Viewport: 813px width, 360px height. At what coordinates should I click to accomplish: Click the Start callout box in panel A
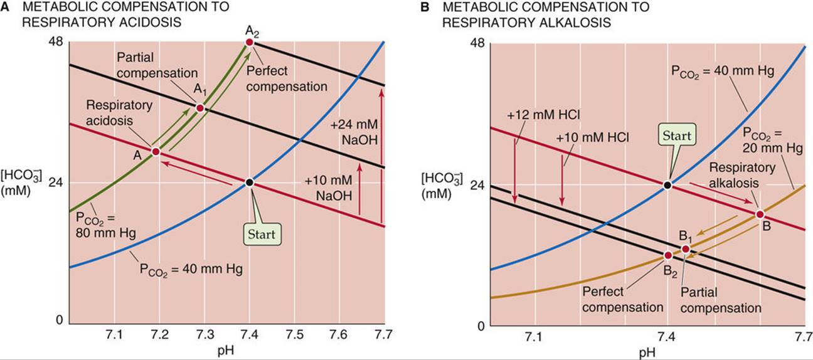pos(262,234)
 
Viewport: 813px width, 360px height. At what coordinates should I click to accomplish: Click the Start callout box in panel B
pos(677,135)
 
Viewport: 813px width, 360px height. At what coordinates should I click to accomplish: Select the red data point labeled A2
pos(249,42)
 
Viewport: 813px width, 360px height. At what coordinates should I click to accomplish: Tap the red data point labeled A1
pos(200,108)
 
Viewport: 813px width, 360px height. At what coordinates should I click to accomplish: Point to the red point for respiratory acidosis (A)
pos(156,151)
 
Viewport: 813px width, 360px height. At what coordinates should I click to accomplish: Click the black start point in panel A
pos(249,182)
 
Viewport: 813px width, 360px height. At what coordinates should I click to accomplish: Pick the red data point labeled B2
pos(668,255)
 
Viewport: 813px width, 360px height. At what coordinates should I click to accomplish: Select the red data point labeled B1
pos(686,249)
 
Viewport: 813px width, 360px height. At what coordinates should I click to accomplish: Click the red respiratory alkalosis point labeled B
pos(760,214)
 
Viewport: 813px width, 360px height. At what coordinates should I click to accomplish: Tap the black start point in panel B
pos(667,185)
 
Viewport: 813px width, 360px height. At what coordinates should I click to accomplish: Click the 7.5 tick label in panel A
pos(294,334)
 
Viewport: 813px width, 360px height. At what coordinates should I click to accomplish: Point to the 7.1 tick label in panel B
pos(533,337)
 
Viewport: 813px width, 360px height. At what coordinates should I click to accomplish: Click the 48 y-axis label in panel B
pos(477,43)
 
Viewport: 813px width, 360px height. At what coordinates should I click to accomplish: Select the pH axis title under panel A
pos(226,351)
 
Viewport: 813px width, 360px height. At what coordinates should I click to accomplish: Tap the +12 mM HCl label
pos(543,115)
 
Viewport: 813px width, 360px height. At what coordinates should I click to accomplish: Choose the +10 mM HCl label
pos(593,137)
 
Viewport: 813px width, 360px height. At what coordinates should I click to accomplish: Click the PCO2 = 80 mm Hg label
pos(105,225)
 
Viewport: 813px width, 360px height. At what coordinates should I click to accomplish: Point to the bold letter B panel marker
pos(425,7)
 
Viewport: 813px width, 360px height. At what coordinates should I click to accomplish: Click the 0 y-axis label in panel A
pos(60,320)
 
